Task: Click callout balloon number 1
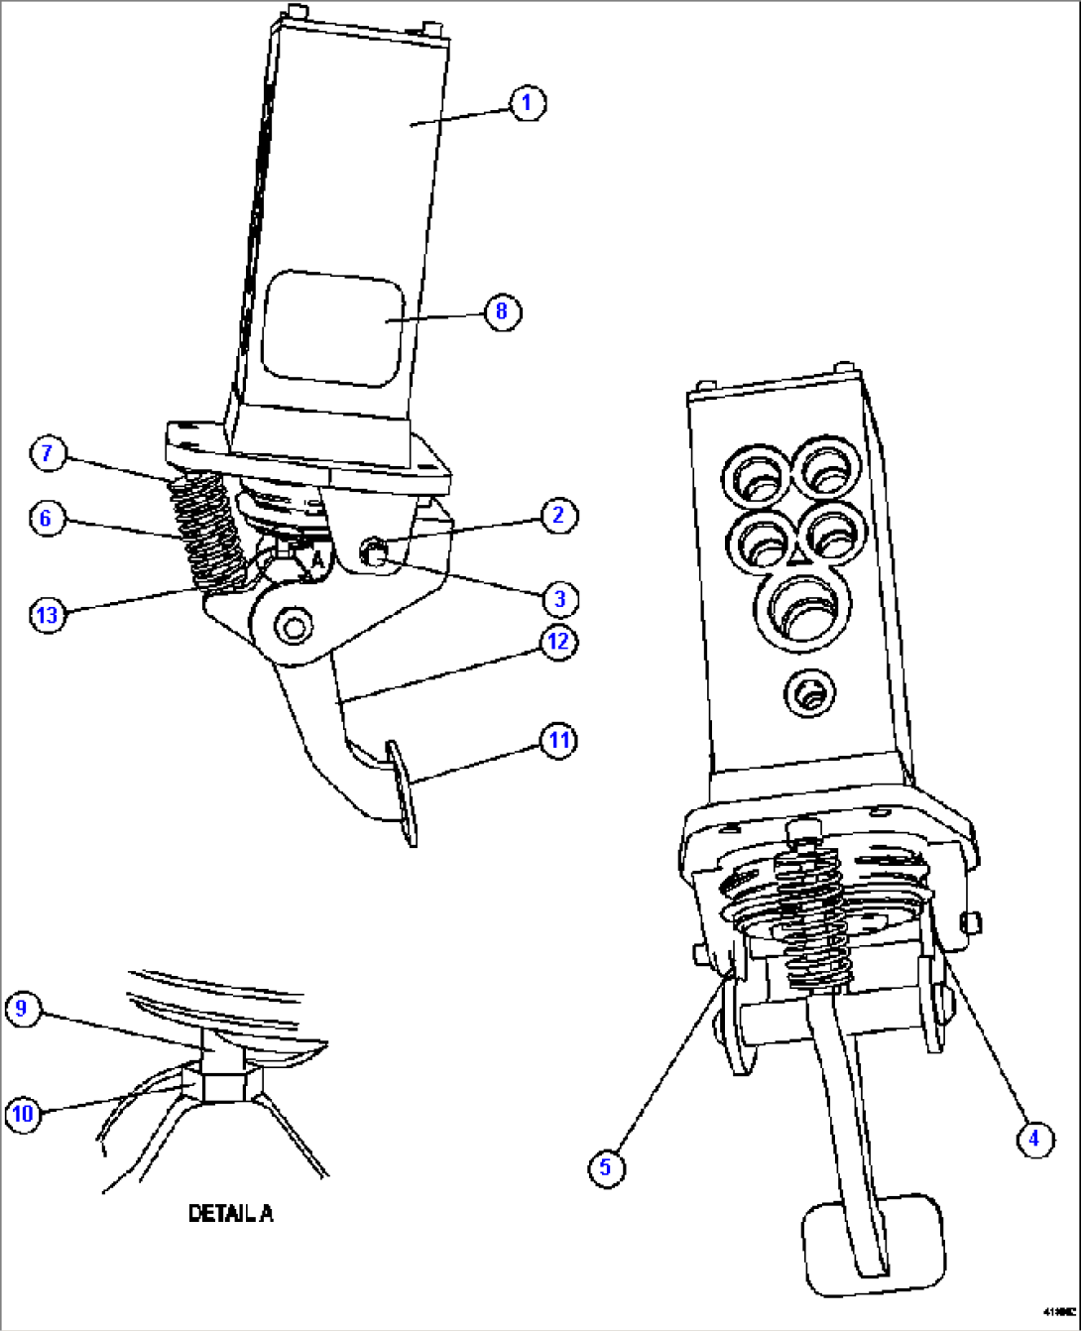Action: pyautogui.click(x=527, y=102)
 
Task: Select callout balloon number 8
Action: pyautogui.click(x=502, y=311)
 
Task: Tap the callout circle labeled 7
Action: pyautogui.click(x=47, y=454)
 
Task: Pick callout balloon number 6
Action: pyautogui.click(x=45, y=518)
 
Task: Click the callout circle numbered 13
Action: pyautogui.click(x=47, y=614)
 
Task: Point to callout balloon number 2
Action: pyautogui.click(x=558, y=515)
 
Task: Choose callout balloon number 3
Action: pyautogui.click(x=559, y=598)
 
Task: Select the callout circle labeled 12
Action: pyautogui.click(x=558, y=642)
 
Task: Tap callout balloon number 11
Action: pyautogui.click(x=559, y=740)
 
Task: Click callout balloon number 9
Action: pyautogui.click(x=22, y=1010)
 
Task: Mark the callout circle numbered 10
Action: pyautogui.click(x=22, y=1113)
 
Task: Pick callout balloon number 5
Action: pyautogui.click(x=606, y=1166)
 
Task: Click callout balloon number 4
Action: pyautogui.click(x=1033, y=1138)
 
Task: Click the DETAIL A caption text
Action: pyautogui.click(x=231, y=1213)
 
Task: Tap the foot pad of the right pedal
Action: pyautogui.click(x=873, y=1246)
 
